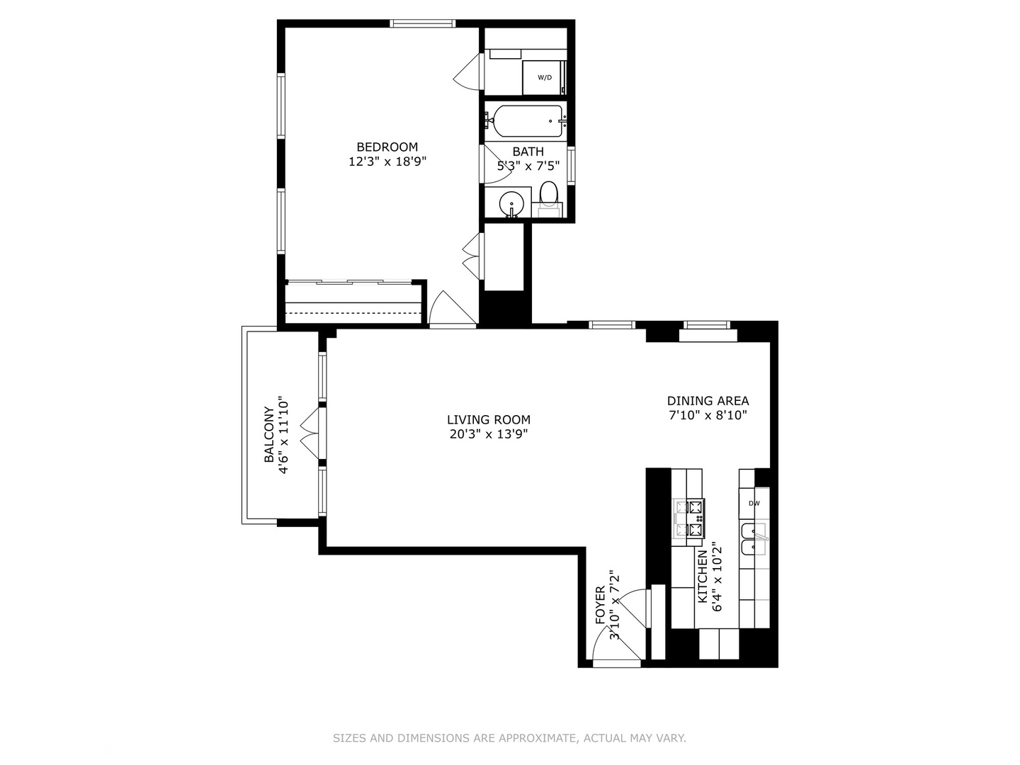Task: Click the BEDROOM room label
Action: pos(387,147)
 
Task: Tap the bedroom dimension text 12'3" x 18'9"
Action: pos(387,161)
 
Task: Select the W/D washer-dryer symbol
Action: pos(544,77)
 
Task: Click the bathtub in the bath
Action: pos(528,121)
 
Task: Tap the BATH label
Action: pos(528,152)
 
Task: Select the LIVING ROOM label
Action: pos(488,419)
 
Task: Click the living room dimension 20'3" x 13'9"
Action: pos(488,434)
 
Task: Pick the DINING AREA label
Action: pos(708,401)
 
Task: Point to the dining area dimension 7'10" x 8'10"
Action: pos(708,415)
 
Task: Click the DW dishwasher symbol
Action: pos(754,504)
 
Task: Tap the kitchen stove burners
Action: pos(689,518)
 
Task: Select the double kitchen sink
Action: pos(754,539)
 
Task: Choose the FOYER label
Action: pos(600,605)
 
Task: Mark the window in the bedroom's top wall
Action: pos(423,24)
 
